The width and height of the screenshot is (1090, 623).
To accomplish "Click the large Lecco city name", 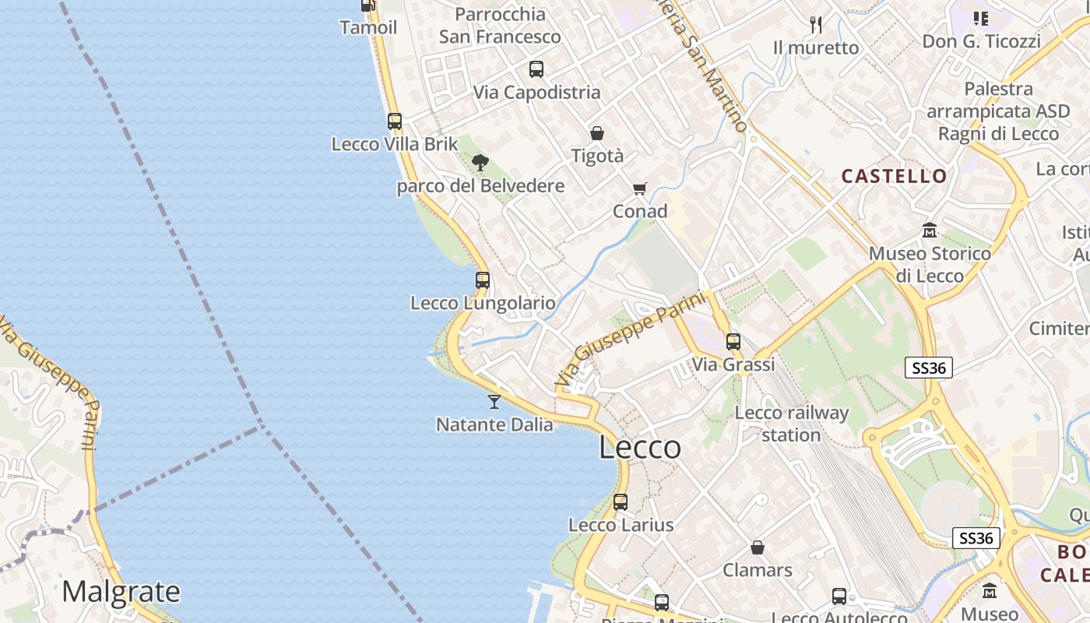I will tap(640, 448).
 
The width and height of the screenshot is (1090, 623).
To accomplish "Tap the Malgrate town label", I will tap(121, 592).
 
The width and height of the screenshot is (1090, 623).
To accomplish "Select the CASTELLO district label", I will tap(894, 176).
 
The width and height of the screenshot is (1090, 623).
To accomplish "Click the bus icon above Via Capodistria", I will tap(536, 69).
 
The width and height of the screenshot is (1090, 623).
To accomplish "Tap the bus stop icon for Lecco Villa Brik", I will tap(395, 121).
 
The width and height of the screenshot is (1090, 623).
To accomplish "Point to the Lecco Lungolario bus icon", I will tap(483, 280).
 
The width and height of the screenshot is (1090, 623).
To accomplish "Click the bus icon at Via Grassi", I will tap(733, 342).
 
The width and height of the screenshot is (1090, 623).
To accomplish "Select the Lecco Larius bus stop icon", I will tap(621, 502).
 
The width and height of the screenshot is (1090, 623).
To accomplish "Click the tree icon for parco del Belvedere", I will tap(480, 163).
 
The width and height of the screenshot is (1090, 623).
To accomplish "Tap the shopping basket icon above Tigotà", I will tap(597, 133).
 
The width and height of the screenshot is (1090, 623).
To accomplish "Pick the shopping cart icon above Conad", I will tap(640, 188).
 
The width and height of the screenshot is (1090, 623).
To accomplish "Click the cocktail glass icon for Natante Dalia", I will tap(494, 402).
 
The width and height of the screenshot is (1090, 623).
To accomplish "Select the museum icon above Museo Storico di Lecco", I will tap(930, 231).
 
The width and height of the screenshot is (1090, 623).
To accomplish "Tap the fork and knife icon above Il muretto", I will tap(816, 25).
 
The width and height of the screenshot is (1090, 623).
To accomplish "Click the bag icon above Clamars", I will tap(758, 547).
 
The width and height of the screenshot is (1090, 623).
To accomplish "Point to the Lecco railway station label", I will tap(791, 424).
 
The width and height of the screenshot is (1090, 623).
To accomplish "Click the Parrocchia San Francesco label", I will tap(500, 26).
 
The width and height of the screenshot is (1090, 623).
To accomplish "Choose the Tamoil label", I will tap(368, 28).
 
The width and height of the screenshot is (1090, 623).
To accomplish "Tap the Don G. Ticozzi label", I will tap(981, 41).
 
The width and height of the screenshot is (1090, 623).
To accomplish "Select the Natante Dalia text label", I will tap(494, 425).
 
